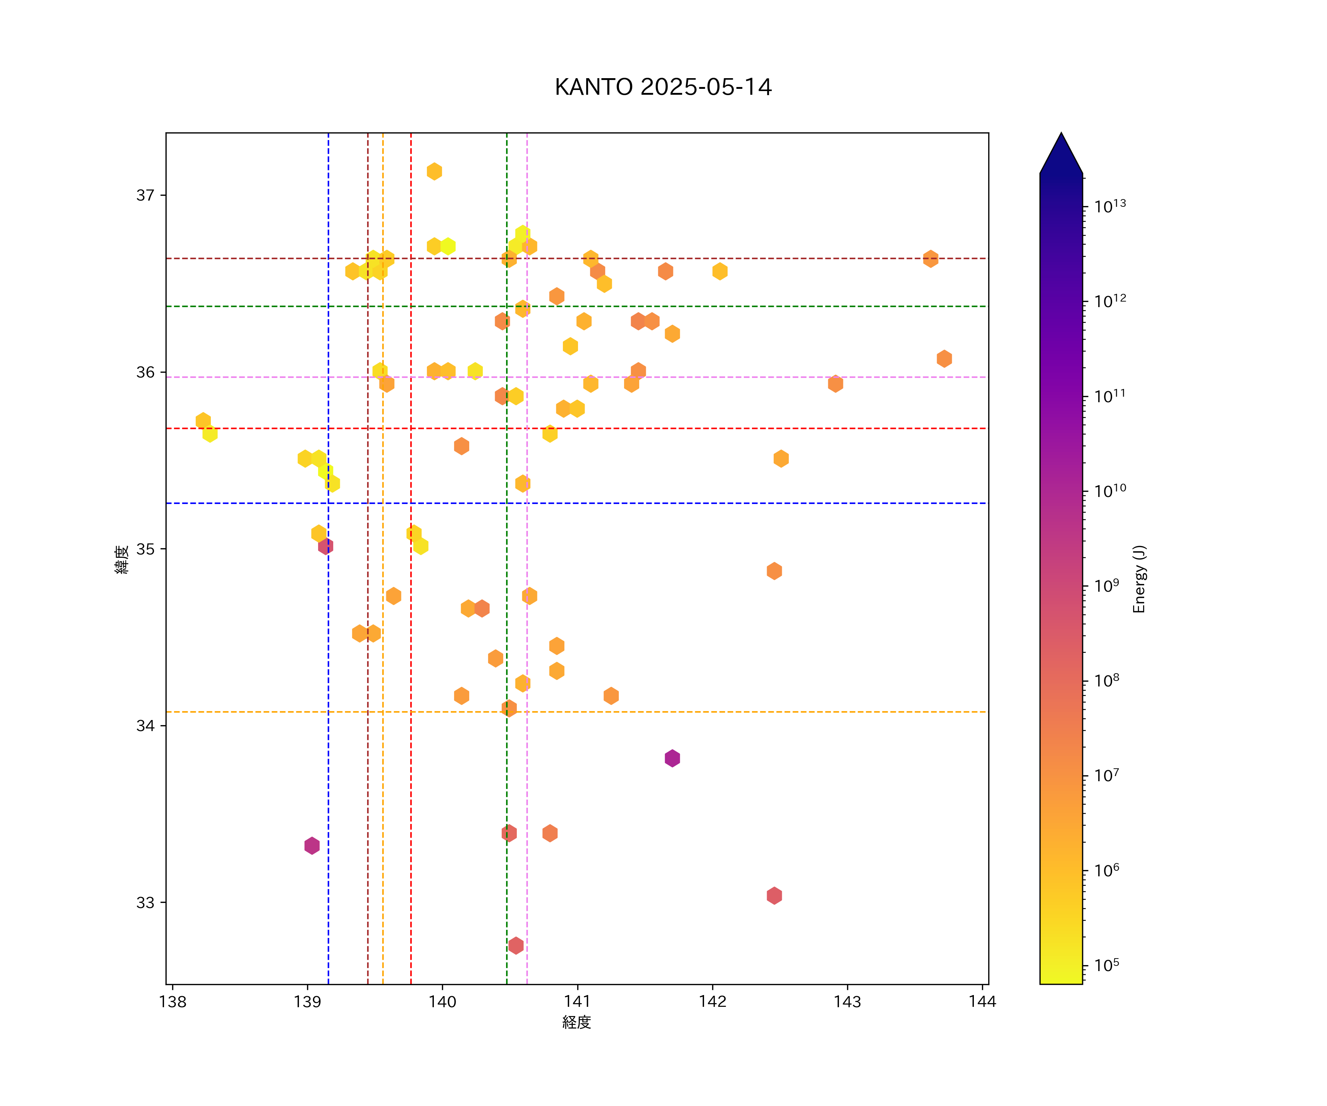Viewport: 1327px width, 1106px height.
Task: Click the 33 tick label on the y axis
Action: click(x=145, y=902)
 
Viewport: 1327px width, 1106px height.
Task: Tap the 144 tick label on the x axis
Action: click(x=982, y=1002)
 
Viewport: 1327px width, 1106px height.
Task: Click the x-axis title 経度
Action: click(x=576, y=1023)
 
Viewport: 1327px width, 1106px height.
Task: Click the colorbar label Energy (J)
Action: click(x=1139, y=579)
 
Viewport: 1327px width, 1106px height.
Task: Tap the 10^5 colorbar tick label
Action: click(x=1107, y=966)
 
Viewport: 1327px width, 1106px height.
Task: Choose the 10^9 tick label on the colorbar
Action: click(x=1107, y=586)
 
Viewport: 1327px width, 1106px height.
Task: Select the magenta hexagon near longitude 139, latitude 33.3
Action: click(x=311, y=846)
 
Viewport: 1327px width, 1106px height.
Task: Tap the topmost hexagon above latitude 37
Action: click(x=434, y=171)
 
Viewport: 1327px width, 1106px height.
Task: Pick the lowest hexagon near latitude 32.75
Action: click(x=516, y=946)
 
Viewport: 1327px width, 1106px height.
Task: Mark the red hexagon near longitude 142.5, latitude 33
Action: click(x=774, y=895)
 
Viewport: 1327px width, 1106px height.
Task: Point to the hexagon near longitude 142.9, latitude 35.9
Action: click(x=835, y=384)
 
